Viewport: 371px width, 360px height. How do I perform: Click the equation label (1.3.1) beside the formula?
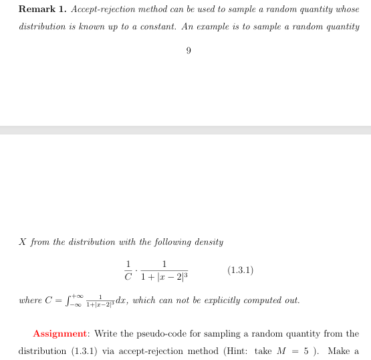pyautogui.click(x=241, y=270)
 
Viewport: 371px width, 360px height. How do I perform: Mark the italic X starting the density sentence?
pyautogui.click(x=23, y=241)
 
